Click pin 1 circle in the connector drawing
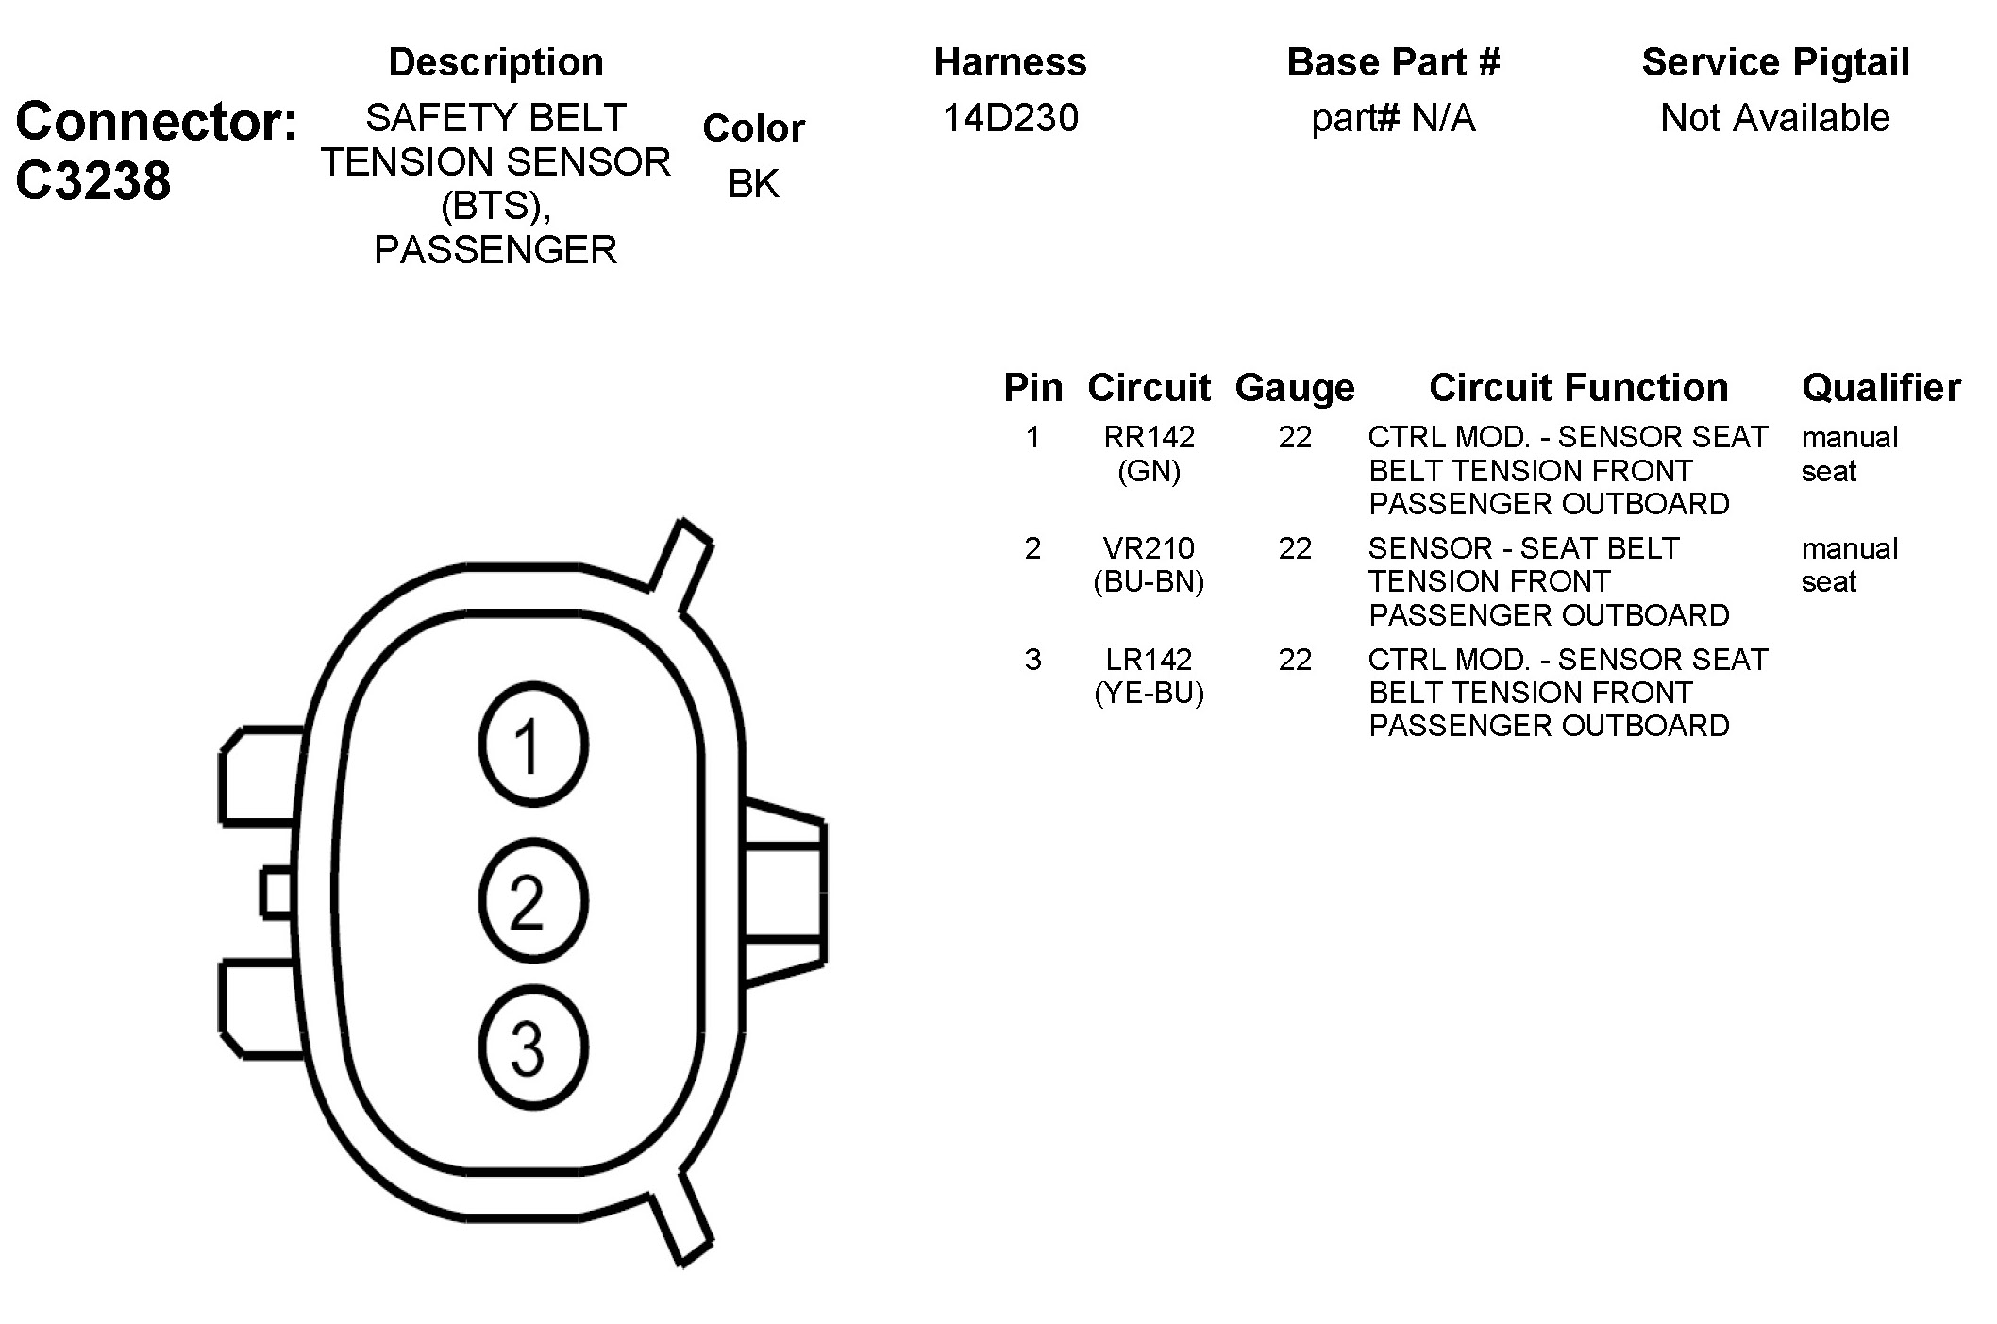[x=533, y=745]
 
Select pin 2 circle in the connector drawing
[x=533, y=900]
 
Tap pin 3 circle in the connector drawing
[x=533, y=1047]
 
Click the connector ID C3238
[x=93, y=180]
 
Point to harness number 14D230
[x=1010, y=118]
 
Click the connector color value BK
[x=753, y=184]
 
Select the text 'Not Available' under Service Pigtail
[x=1775, y=118]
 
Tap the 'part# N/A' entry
[x=1393, y=119]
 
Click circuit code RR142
[x=1149, y=437]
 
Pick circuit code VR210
[x=1149, y=548]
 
